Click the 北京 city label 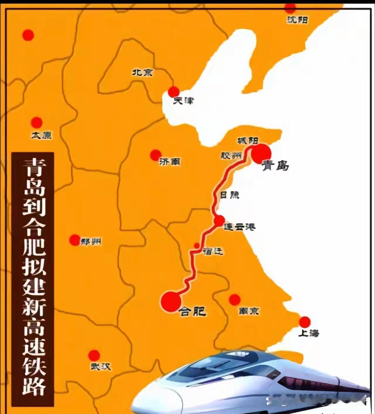click(143, 72)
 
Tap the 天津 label click(183, 101)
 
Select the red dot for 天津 click(174, 92)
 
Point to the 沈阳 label click(297, 20)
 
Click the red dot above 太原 click(37, 122)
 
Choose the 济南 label click(170, 162)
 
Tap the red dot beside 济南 click(155, 155)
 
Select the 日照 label click(229, 195)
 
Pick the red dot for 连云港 click(219, 221)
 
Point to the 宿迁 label click(213, 251)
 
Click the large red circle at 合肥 click(171, 301)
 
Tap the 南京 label click(249, 311)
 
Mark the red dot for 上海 click(305, 322)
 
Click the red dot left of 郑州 click(75, 240)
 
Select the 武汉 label click(101, 367)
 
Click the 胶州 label click(231, 155)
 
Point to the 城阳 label click(248, 141)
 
